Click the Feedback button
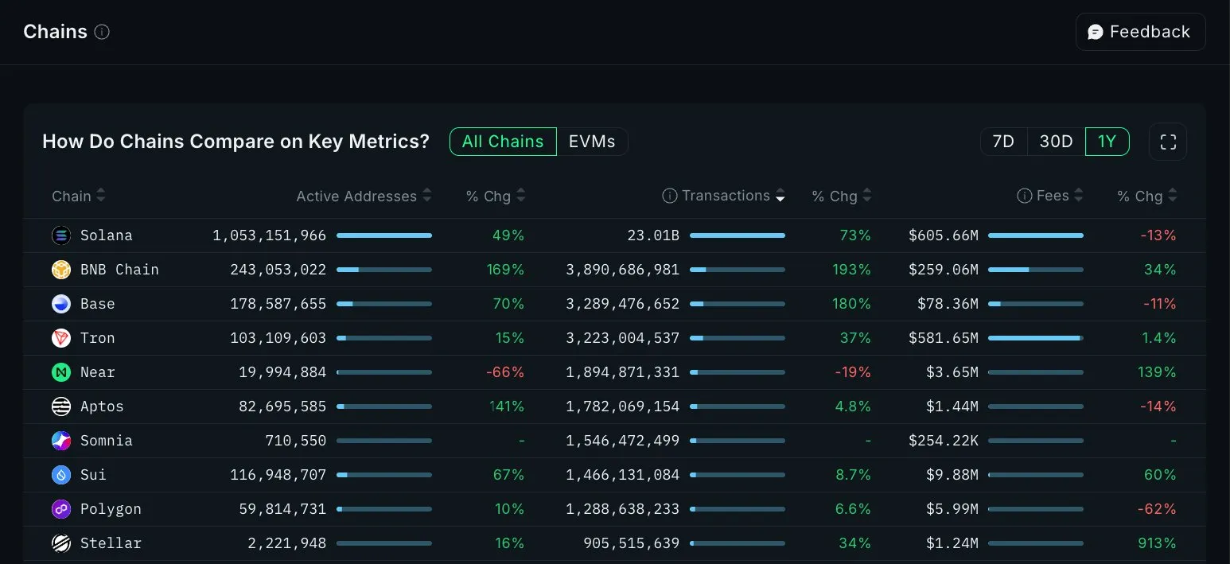pyautogui.click(x=1140, y=32)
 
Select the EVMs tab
pyautogui.click(x=592, y=142)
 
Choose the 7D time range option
pyautogui.click(x=1003, y=142)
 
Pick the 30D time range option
pyautogui.click(x=1056, y=142)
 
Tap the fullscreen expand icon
pyautogui.click(x=1167, y=142)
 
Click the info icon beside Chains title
pyautogui.click(x=102, y=32)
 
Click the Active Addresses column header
pyautogui.click(x=356, y=196)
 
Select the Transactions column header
pyautogui.click(x=726, y=196)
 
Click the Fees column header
pyautogui.click(x=1053, y=196)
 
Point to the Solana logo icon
pyautogui.click(x=61, y=235)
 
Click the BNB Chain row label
pyautogui.click(x=119, y=270)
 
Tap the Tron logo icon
pyautogui.click(x=61, y=338)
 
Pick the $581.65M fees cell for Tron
pyautogui.click(x=944, y=338)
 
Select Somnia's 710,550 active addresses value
pyautogui.click(x=295, y=441)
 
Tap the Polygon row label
pyautogui.click(x=111, y=509)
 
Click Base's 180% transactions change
pyautogui.click(x=851, y=304)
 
